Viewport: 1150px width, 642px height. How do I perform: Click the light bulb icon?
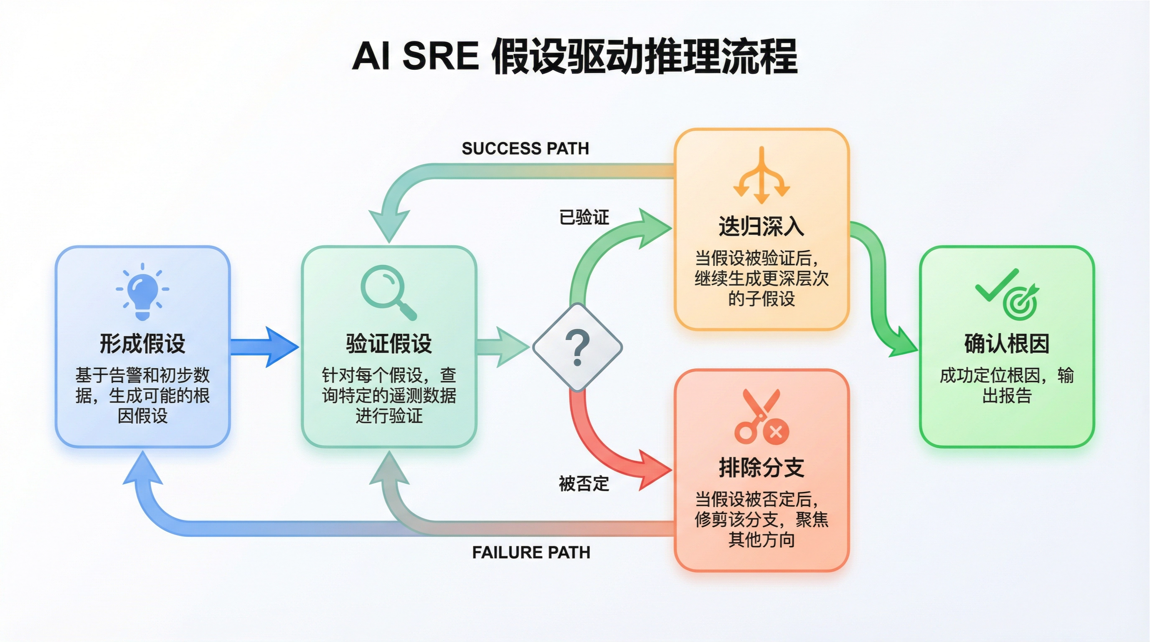pos(142,291)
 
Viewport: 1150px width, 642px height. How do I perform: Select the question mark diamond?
pos(577,348)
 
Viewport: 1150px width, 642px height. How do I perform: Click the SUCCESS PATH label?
pos(525,148)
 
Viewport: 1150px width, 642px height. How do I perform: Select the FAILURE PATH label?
pos(531,553)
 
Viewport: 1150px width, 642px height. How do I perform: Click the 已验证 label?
pos(584,218)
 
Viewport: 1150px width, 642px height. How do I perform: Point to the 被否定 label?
pos(584,484)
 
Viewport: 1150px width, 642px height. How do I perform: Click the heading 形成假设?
pos(142,344)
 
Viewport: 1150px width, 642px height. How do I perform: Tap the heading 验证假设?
pos(389,344)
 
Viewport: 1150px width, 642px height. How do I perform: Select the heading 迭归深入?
pos(761,226)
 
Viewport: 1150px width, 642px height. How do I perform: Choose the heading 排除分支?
pos(761,468)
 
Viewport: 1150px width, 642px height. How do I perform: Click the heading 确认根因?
pos(1007,344)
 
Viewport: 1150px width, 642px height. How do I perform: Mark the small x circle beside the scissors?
pos(776,432)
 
